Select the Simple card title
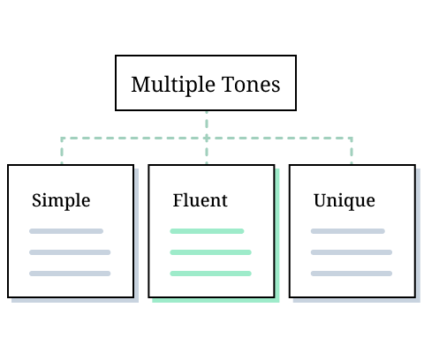61,200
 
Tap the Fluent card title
200,200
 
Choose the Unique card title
344,200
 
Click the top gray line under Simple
66,231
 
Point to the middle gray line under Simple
70,252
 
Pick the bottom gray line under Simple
70,274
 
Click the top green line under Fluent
207,231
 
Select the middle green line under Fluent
210,252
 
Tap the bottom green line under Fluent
210,274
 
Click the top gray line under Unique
348,231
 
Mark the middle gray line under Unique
352,252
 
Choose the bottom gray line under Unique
352,274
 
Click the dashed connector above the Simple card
62,151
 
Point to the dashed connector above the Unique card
352,151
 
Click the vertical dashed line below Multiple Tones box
207,124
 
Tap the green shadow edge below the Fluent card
216,300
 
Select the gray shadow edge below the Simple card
75,300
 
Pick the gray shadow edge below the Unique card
357,300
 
